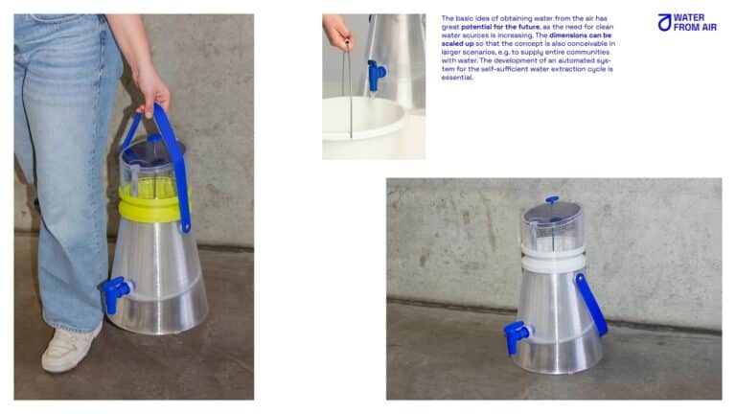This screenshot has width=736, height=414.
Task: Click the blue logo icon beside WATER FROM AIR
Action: click(664, 22)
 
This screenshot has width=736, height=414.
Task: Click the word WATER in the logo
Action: click(689, 17)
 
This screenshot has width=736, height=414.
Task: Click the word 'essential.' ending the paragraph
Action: click(457, 78)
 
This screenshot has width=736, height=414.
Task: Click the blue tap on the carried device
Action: click(117, 291)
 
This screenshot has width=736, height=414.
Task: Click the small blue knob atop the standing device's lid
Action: click(551, 200)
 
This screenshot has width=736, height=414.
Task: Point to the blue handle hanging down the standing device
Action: click(591, 305)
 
